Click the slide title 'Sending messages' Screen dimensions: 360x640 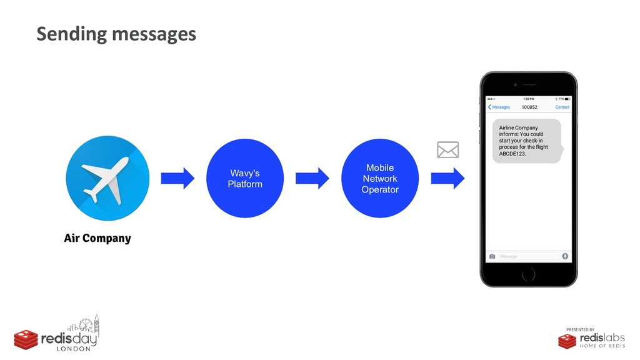pos(116,34)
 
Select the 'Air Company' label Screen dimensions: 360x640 pos(97,238)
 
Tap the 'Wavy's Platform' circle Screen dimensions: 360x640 pos(245,178)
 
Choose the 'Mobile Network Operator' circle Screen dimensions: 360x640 pos(380,178)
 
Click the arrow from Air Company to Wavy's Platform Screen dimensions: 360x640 pos(177,179)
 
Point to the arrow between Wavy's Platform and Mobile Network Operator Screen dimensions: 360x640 pos(312,179)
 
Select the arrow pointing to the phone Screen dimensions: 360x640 pos(447,179)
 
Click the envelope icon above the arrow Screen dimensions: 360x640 pos(447,150)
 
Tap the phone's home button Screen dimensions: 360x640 pos(528,274)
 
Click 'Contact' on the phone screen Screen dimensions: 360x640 pos(562,107)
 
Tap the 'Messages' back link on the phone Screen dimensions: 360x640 pos(499,107)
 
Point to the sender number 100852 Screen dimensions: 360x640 pos(529,107)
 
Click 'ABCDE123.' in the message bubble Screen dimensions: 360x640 pos(512,154)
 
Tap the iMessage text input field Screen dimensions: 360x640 pos(528,256)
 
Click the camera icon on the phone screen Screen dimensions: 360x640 pos(492,256)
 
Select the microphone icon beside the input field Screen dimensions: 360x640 pos(565,256)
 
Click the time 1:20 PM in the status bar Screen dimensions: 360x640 pos(528,99)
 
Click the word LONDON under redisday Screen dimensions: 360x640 pos(74,349)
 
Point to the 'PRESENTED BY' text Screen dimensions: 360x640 pos(580,329)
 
